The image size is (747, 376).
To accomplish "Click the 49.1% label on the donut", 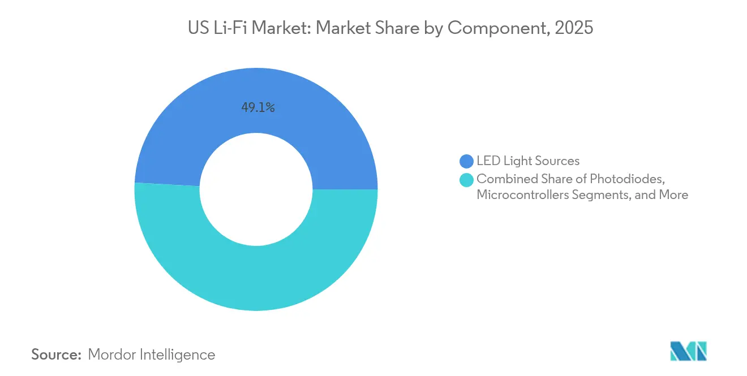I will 258,107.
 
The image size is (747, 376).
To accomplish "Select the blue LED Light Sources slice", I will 187,130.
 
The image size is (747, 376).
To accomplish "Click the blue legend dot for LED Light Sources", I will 466,162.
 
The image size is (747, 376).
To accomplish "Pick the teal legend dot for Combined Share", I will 466,180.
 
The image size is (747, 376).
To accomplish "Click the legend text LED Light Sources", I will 527,161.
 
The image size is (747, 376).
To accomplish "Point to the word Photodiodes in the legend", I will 625,179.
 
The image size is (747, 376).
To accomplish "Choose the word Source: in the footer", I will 57,355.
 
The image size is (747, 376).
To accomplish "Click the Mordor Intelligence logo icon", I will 688,351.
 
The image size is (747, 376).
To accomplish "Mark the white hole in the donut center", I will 256,189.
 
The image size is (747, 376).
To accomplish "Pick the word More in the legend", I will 673,195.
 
